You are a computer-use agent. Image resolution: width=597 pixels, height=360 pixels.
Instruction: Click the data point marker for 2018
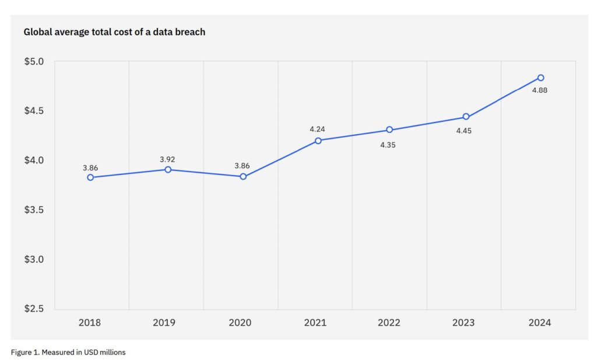click(x=90, y=177)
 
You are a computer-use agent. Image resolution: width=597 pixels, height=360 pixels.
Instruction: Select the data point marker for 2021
click(x=318, y=141)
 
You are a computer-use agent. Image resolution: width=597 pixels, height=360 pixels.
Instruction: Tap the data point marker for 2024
click(x=540, y=78)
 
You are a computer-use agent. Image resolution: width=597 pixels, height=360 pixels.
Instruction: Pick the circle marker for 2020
click(x=243, y=177)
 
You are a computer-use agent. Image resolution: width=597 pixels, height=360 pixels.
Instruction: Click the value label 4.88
click(x=539, y=90)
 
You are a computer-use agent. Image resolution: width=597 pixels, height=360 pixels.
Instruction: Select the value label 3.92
click(x=167, y=159)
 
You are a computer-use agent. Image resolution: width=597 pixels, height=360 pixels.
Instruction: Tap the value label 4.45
click(x=463, y=131)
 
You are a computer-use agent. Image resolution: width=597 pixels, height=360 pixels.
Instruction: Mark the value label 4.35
click(x=388, y=145)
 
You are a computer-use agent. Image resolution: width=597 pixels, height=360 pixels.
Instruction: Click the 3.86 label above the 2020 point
click(x=242, y=166)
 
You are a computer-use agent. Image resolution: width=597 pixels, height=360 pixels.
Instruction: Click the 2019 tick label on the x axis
click(x=165, y=323)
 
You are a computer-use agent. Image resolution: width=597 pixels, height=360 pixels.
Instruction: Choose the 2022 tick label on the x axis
click(x=389, y=323)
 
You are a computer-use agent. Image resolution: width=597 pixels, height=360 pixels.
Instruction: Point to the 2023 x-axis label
click(x=463, y=323)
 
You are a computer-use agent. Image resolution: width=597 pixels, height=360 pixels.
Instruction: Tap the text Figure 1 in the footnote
click(x=25, y=352)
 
